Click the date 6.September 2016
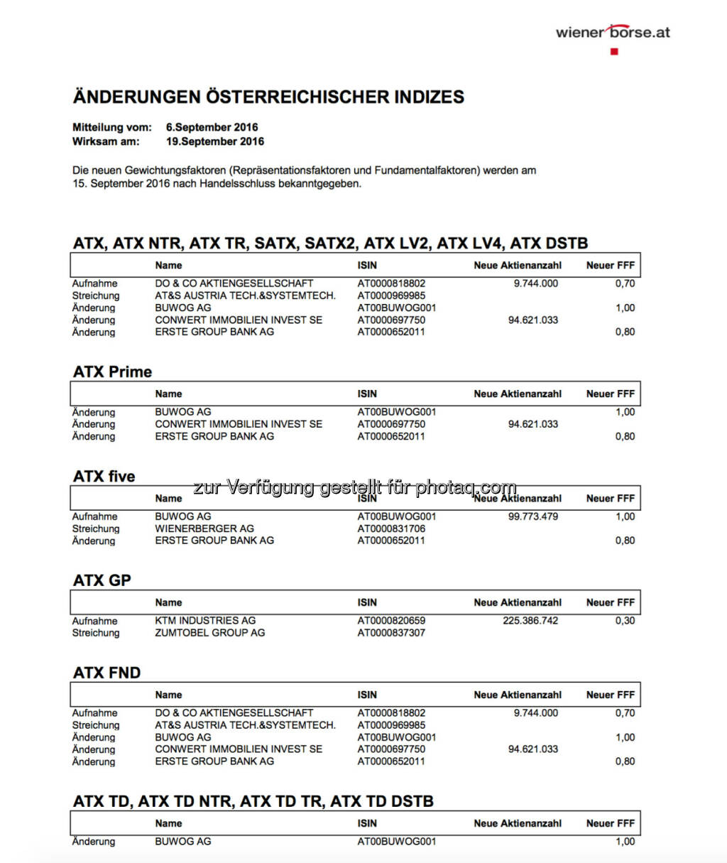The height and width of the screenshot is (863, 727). [212, 127]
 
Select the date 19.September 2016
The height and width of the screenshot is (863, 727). [214, 141]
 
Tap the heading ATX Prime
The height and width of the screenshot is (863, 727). [112, 371]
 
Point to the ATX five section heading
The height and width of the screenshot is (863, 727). [104, 476]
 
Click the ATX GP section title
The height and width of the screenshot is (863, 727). [102, 580]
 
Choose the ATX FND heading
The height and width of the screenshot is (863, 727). [106, 673]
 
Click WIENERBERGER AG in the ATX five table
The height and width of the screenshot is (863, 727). [204, 528]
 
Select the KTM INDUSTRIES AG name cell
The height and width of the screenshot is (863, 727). [205, 620]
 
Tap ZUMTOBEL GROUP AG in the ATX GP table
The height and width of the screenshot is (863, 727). [209, 632]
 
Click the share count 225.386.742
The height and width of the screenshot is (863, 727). [530, 620]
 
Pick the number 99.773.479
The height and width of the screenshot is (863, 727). [532, 516]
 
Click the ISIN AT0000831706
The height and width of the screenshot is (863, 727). [391, 528]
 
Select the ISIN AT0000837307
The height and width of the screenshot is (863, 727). [391, 632]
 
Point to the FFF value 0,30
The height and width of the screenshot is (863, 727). [625, 620]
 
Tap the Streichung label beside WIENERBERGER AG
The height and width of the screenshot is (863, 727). [96, 528]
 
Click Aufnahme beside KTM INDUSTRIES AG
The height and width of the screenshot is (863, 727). [94, 620]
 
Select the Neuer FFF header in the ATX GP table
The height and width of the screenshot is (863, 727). [610, 602]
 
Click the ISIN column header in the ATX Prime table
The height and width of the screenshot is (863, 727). [367, 393]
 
